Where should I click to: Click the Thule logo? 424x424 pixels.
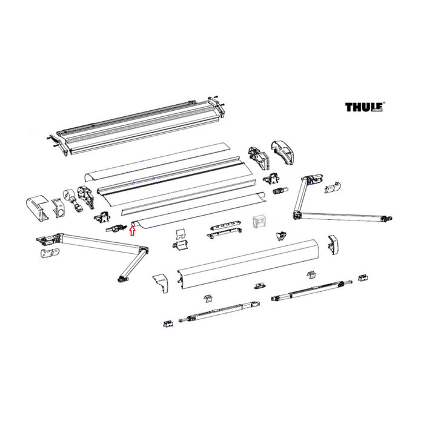tap(365, 107)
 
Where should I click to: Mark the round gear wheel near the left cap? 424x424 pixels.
tap(68, 197)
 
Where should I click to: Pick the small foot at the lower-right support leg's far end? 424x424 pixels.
tap(363, 278)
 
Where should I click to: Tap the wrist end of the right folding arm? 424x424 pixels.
tap(385, 219)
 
